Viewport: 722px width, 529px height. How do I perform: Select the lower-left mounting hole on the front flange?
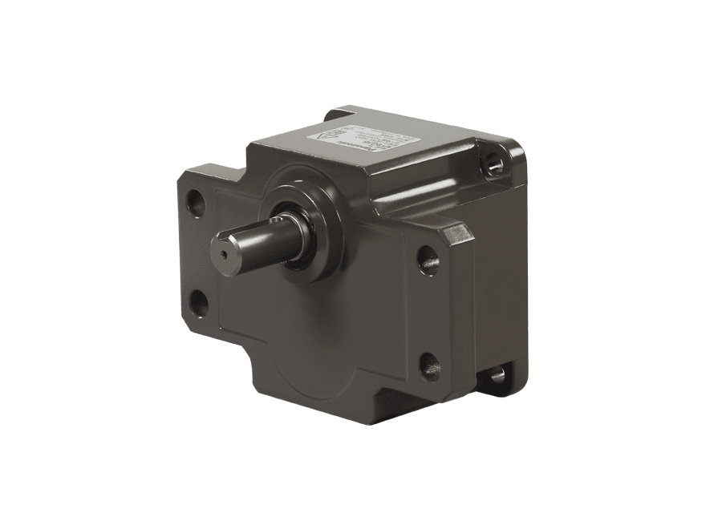[197, 302]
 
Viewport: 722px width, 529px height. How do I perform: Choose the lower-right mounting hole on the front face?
[430, 365]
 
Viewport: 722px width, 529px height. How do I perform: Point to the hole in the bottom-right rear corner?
[497, 374]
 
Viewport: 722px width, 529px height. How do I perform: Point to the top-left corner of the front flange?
[183, 172]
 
